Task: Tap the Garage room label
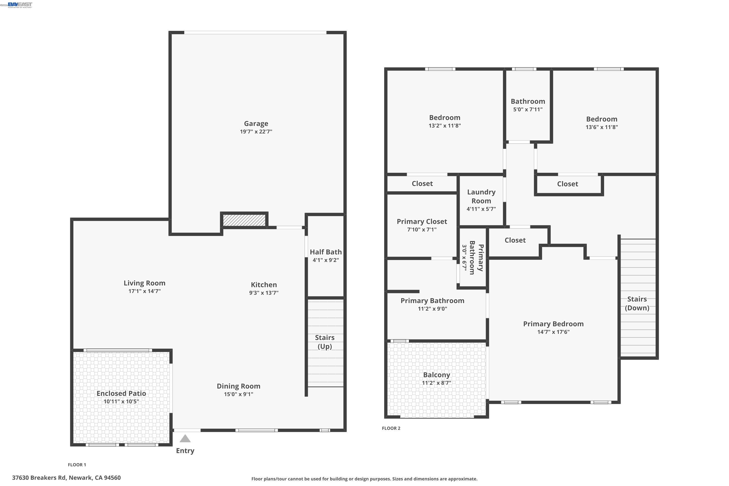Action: click(256, 124)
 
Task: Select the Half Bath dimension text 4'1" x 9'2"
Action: click(326, 260)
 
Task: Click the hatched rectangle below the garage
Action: click(244, 220)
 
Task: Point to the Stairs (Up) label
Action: click(325, 342)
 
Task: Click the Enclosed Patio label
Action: click(121, 393)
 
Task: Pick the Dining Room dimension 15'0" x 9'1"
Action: click(239, 394)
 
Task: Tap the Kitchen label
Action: click(264, 285)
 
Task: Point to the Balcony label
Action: click(436, 375)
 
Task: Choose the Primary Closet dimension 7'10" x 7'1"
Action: click(422, 229)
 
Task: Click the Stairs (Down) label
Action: click(637, 304)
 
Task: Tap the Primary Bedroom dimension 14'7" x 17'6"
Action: click(554, 332)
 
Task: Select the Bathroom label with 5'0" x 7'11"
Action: click(528, 101)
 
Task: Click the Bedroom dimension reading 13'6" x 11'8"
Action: click(602, 127)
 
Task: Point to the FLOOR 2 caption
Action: click(391, 428)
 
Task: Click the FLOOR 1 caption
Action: click(77, 465)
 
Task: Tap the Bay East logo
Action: click(20, 5)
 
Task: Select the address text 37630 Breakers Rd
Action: click(39, 478)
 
